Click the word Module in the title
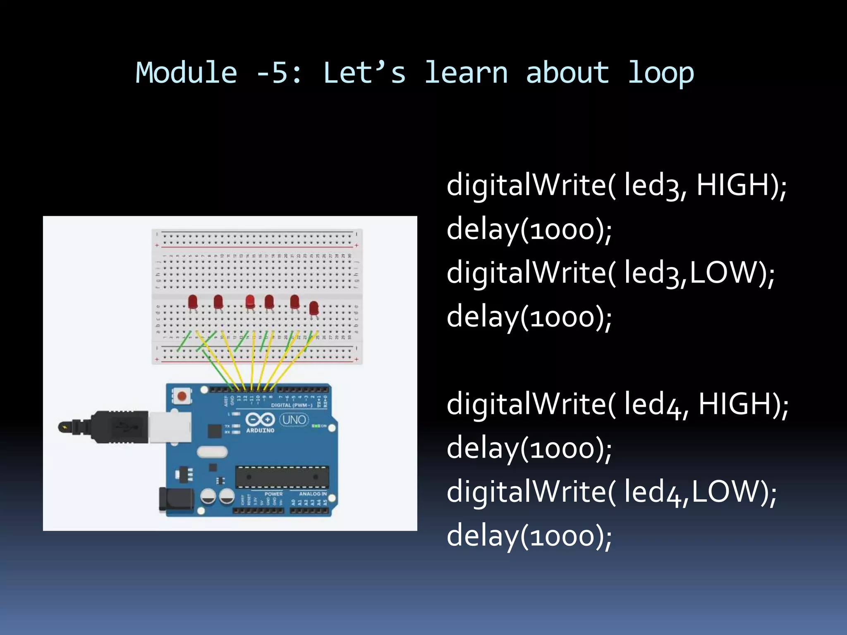[186, 73]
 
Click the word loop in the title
[660, 73]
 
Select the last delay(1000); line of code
[529, 536]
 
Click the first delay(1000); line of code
[529, 230]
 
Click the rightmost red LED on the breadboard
[314, 308]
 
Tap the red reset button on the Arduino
[182, 396]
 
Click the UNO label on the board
[294, 420]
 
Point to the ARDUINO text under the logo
[260, 430]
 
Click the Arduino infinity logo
[260, 420]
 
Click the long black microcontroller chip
[282, 477]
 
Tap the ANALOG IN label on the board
[313, 494]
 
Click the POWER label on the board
[273, 494]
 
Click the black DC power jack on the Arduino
[176, 499]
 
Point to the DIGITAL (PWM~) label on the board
[292, 405]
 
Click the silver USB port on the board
[170, 427]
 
